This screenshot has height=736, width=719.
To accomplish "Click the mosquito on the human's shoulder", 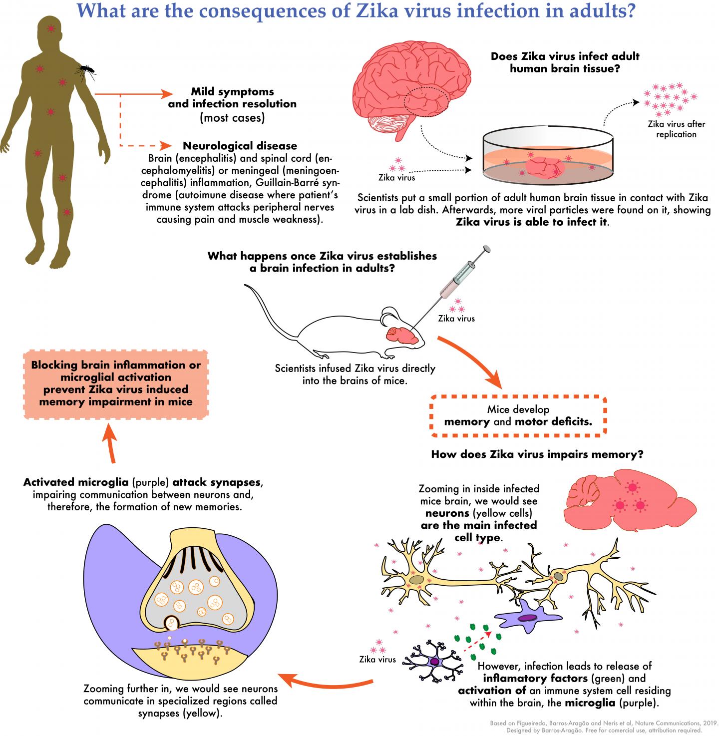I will click(x=85, y=70).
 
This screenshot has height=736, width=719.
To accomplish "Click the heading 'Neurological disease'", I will click(x=240, y=146).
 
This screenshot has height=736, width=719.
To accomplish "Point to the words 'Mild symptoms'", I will click(x=232, y=92).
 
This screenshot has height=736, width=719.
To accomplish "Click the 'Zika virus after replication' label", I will click(x=676, y=129).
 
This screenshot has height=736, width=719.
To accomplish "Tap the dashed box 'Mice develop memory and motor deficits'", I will click(x=518, y=415).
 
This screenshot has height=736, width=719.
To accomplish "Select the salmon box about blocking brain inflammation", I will click(x=116, y=383).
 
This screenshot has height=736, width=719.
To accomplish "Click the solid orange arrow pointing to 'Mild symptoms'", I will click(x=132, y=94).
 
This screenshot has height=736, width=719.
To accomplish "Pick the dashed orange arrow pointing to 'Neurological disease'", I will click(x=142, y=145).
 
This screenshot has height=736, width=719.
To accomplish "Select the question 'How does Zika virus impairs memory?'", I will click(x=537, y=454).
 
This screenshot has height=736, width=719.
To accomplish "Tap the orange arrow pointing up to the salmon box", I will click(x=110, y=444).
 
